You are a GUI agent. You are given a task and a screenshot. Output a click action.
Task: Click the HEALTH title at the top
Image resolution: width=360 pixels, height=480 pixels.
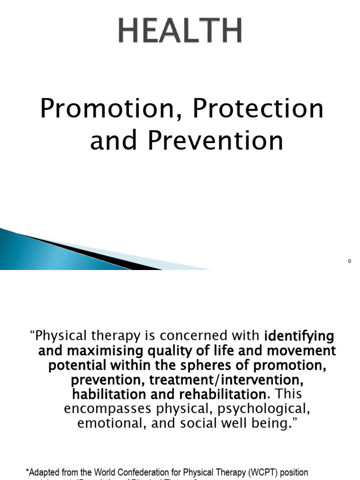[180, 31]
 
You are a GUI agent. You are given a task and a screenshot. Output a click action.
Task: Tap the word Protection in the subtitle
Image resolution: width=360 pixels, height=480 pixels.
[259, 109]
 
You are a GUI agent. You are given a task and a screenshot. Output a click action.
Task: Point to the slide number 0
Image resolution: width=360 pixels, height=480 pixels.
[350, 261]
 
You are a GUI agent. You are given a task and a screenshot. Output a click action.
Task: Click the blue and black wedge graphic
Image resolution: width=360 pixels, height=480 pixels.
[70, 251]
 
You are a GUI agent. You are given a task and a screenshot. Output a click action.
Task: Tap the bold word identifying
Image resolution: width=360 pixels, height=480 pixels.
[299, 336]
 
